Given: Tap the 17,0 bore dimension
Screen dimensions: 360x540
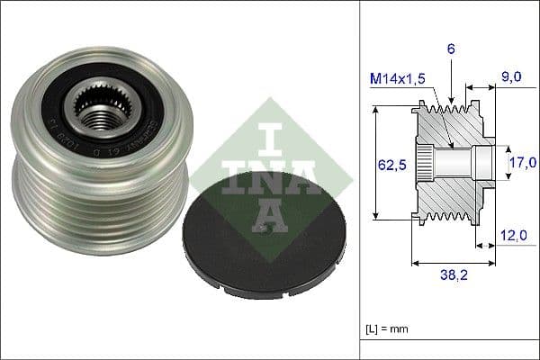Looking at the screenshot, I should pos(522,163).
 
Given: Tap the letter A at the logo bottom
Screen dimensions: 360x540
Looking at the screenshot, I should pos(254,215).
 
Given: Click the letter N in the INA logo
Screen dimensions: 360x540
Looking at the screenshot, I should pos(254,180).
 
